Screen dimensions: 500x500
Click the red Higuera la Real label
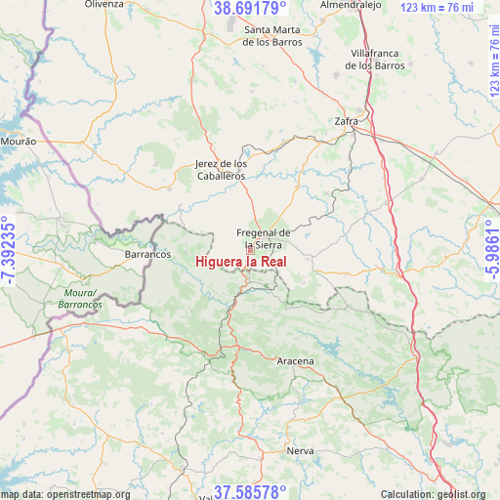point(240,262)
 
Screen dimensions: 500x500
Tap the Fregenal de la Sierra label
point(264,238)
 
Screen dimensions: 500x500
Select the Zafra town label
point(347,121)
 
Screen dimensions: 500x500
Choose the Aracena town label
point(296,361)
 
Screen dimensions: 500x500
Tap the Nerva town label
point(300,450)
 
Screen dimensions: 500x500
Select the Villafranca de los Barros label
point(375,59)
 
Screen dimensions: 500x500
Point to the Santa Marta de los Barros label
point(271,36)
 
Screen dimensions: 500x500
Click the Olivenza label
point(104,5)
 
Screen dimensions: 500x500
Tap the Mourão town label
point(19,142)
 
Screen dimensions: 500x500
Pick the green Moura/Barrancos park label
point(79,299)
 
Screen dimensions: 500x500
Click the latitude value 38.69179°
point(250,9)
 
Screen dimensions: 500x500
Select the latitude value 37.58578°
point(250,491)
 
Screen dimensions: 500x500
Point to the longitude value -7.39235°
point(9,250)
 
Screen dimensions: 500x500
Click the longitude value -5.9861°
point(491,250)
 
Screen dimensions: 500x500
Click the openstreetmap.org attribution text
point(65,494)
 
